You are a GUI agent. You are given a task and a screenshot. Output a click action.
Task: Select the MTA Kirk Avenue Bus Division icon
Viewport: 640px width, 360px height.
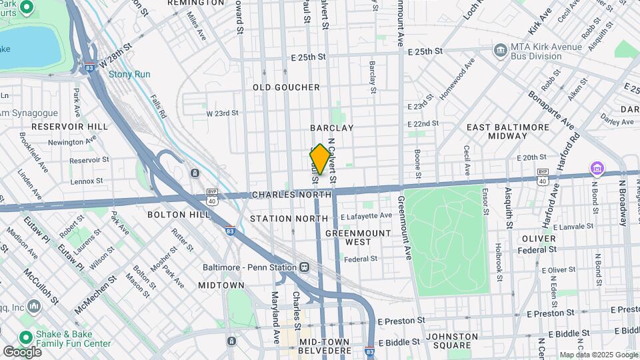pyautogui.click(x=499, y=51)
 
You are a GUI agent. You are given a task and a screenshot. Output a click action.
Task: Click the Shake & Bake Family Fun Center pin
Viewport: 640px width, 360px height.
pyautogui.click(x=27, y=338)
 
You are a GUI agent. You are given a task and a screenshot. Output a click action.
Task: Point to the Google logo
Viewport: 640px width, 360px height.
pyautogui.click(x=22, y=351)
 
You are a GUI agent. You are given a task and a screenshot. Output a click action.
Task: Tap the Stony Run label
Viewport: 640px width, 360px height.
pyautogui.click(x=129, y=75)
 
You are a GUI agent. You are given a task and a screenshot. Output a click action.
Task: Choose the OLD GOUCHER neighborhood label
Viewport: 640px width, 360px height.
pyautogui.click(x=286, y=87)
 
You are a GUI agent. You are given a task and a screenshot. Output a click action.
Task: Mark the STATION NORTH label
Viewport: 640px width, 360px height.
pyautogui.click(x=281, y=219)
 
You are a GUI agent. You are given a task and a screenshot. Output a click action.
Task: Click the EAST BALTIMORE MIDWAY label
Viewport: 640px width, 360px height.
pyautogui.click(x=497, y=131)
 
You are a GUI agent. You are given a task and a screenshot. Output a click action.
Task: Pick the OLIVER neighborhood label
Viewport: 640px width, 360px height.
pyautogui.click(x=539, y=238)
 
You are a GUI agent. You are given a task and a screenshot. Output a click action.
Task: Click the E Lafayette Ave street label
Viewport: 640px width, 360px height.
pyautogui.click(x=366, y=216)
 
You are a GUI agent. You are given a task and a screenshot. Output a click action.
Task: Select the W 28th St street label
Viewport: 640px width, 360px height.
pyautogui.click(x=115, y=63)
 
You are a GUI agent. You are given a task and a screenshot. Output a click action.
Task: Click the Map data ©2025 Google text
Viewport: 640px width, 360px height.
pyautogui.click(x=598, y=355)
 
